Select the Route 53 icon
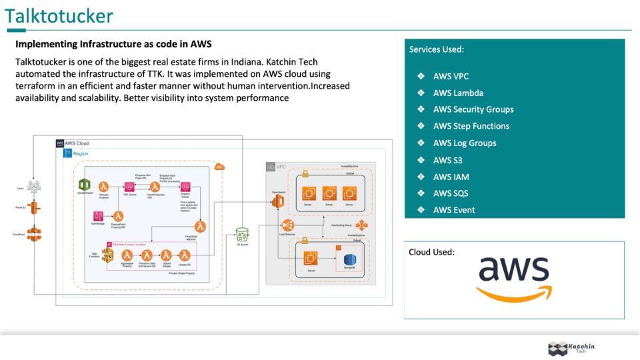34,208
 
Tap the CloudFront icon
34,233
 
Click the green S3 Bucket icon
242,234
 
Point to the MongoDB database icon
350,259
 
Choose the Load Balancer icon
287,226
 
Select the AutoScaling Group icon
361,225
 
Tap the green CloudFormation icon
85,185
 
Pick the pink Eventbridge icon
98,216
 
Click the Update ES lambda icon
185,255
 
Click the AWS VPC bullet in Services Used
451,76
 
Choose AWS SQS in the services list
451,193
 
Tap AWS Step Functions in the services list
471,126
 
